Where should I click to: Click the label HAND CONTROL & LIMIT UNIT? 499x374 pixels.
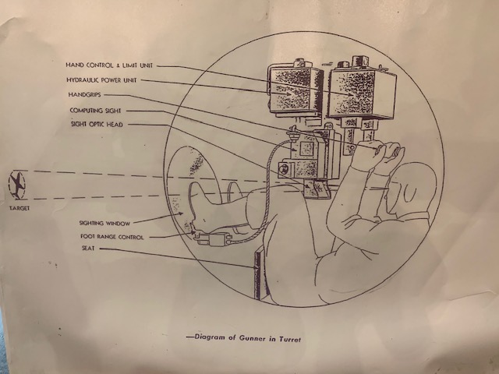tap(109, 65)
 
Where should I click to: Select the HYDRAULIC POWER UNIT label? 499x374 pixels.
tap(101, 80)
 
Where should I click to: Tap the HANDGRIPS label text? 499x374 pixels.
tap(84, 95)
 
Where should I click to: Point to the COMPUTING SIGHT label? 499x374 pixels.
tap(95, 111)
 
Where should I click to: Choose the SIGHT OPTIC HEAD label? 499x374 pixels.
tap(97, 125)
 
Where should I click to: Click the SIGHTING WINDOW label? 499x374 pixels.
tap(104, 224)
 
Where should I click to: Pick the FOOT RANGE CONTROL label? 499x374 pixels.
tap(112, 237)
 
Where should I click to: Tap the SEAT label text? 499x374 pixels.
tap(88, 248)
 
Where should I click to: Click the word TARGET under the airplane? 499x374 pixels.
tap(19, 208)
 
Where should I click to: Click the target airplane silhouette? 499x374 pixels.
tap(17, 185)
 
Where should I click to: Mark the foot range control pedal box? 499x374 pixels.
tap(214, 239)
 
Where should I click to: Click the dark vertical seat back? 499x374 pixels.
tap(258, 275)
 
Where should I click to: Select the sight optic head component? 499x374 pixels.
tap(315, 189)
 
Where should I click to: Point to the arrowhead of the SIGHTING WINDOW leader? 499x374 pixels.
tap(182, 213)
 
